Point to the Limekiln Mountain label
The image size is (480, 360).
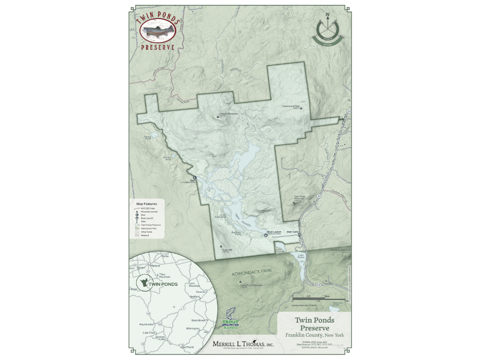(x=229, y=113)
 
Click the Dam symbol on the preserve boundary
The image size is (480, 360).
(x=194, y=178)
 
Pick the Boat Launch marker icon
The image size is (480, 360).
(x=266, y=236)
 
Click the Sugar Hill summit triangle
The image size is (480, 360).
(x=221, y=246)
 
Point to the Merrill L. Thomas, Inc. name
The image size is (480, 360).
(x=243, y=345)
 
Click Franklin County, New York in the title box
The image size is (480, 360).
(x=315, y=335)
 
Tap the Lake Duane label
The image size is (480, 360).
(x=301, y=256)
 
